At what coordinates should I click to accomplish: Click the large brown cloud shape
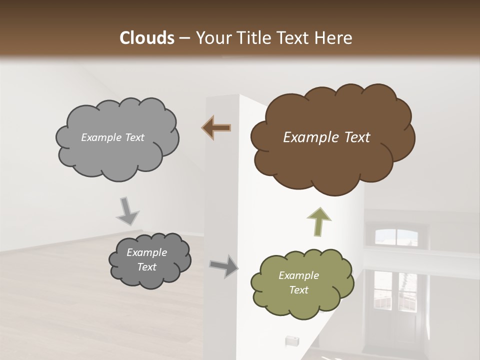coord(330,140)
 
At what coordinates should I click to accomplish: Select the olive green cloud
coord(301,283)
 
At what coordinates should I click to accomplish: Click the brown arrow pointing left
coord(216,128)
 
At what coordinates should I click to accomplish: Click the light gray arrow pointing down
coord(128,210)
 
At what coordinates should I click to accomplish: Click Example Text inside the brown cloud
coord(326,137)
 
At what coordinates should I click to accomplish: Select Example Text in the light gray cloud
coord(112,137)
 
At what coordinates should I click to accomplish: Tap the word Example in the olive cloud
coord(298,275)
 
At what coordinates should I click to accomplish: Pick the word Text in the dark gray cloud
coord(146,267)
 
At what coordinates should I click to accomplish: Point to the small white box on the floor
coord(291,341)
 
